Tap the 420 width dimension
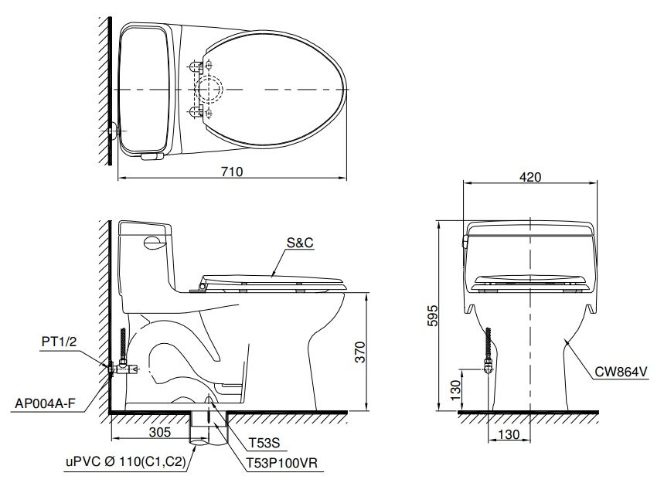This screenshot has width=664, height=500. (530, 177)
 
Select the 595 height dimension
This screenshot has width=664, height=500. (434, 316)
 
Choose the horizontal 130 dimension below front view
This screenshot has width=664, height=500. (509, 434)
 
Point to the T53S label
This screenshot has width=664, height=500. (264, 444)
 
